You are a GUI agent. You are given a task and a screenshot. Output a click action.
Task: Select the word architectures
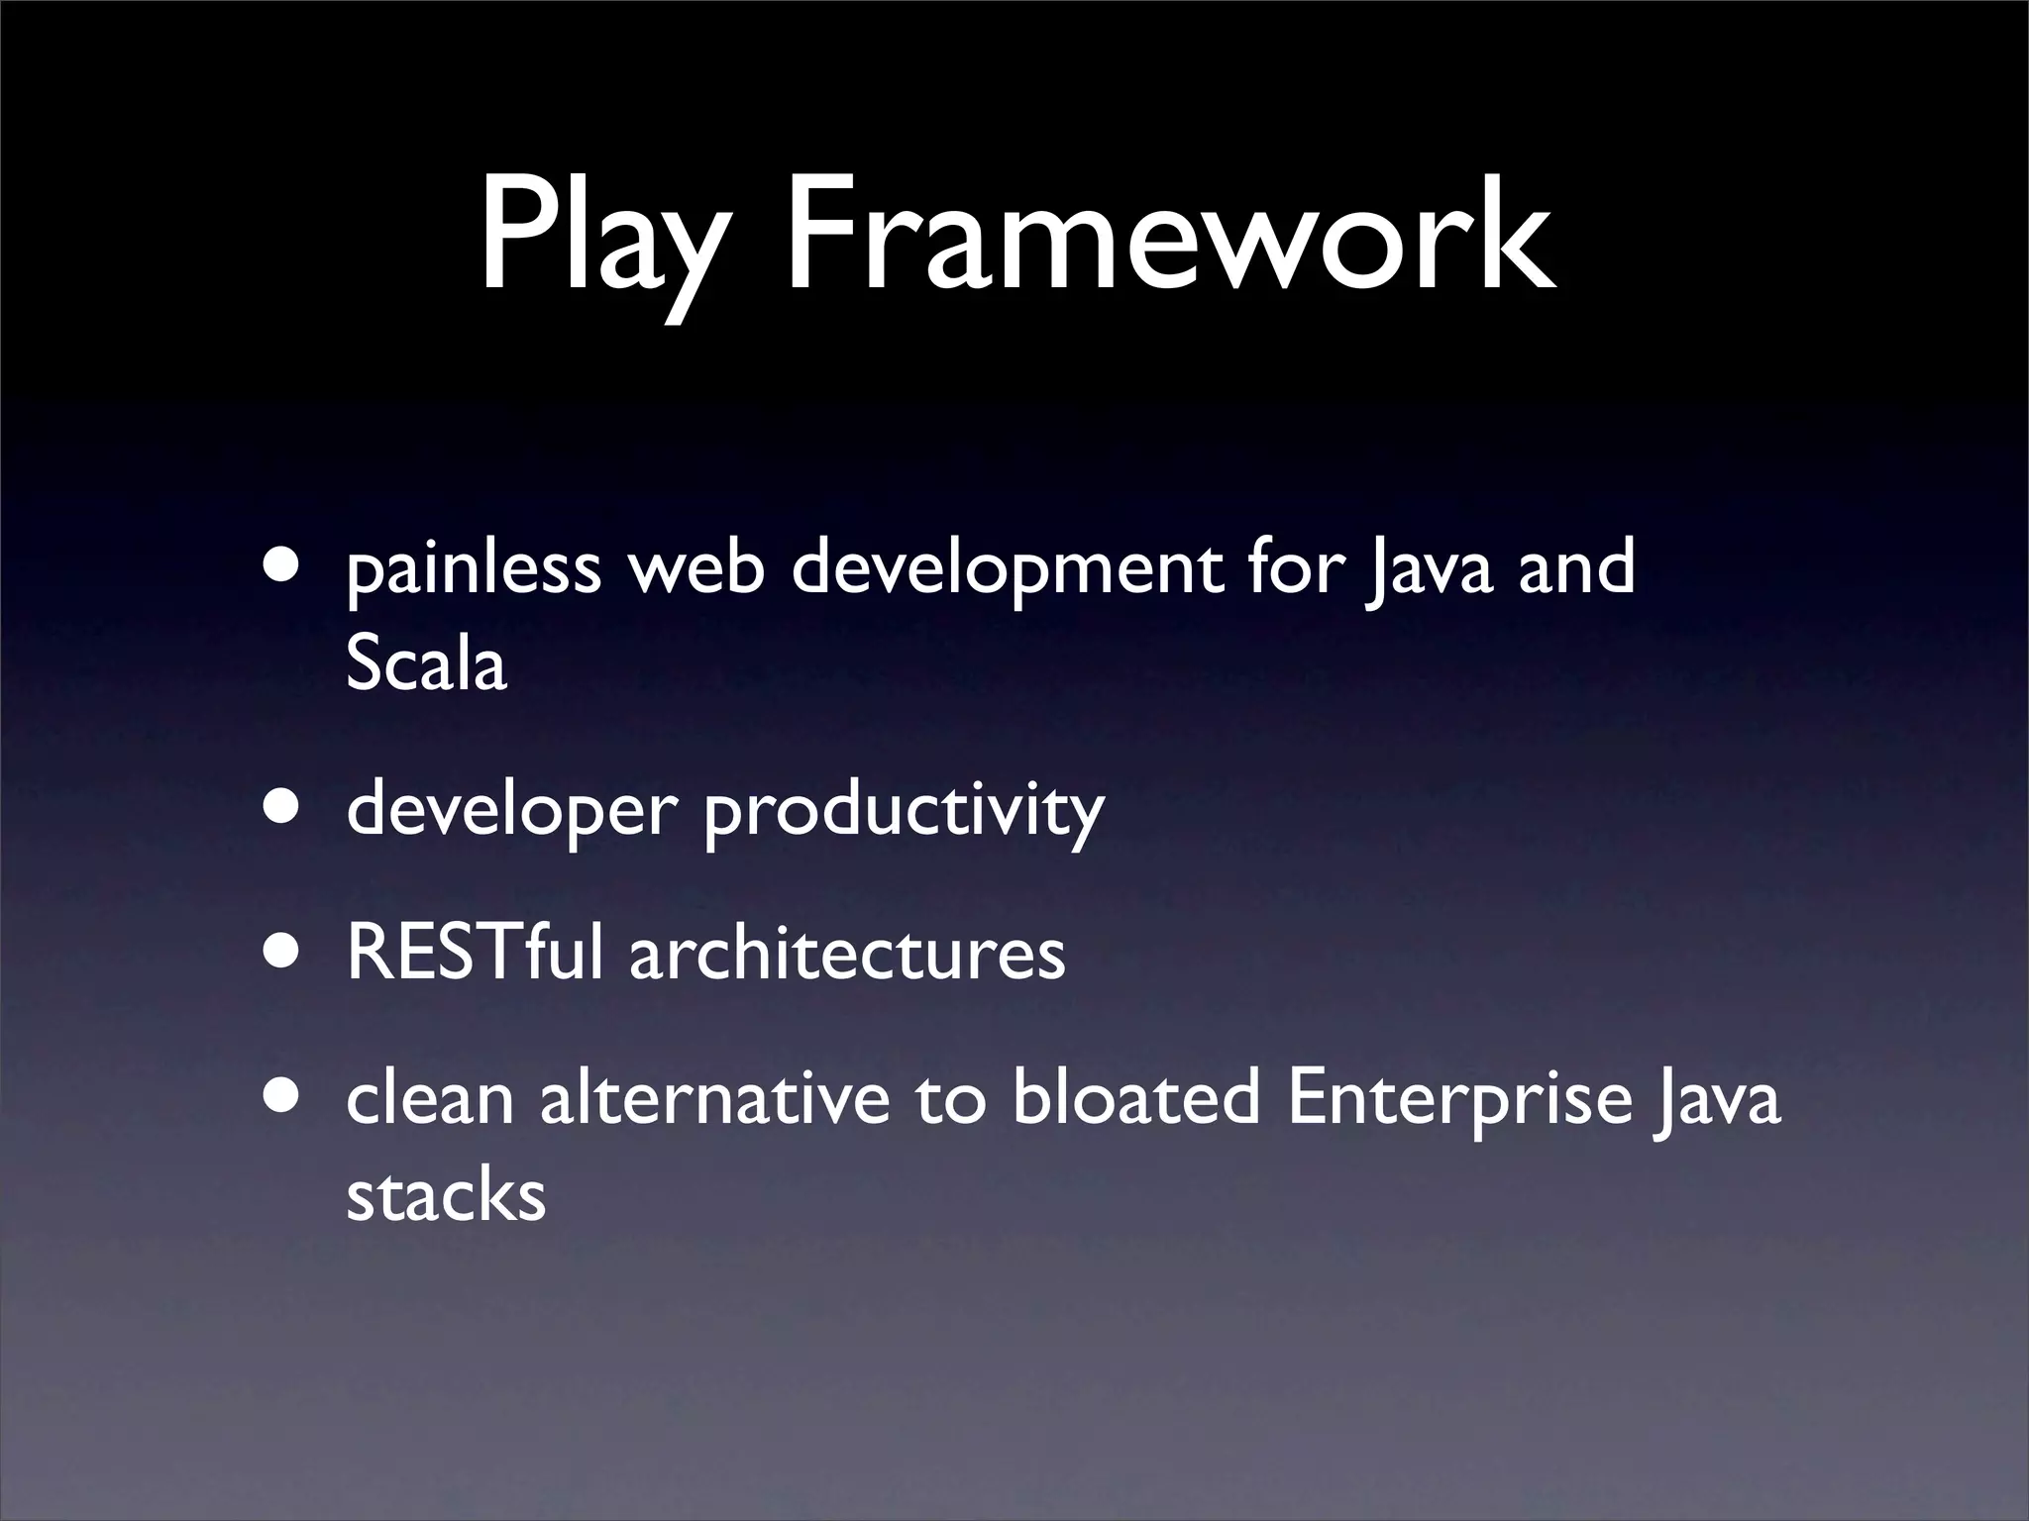(x=847, y=955)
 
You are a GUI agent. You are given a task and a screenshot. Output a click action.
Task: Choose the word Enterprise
(x=1459, y=1101)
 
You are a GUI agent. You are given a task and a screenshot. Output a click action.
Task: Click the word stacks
(x=446, y=1195)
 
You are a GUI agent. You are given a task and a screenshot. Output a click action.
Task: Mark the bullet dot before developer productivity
(x=284, y=806)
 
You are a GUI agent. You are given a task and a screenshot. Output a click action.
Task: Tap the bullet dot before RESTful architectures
(x=284, y=952)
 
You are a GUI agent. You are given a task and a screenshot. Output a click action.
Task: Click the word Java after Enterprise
(x=1717, y=1101)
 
